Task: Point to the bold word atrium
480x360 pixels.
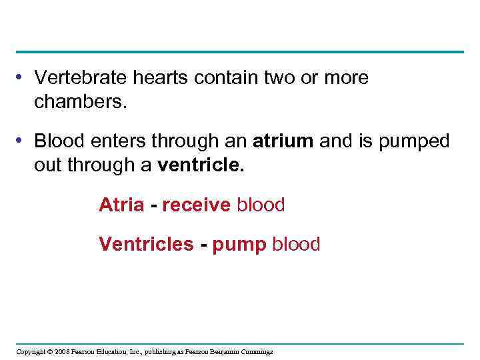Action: [283, 141]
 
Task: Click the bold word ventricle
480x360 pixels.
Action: [201, 165]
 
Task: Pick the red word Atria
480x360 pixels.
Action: [121, 205]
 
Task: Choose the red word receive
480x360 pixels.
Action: [197, 205]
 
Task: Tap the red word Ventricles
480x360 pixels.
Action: [146, 245]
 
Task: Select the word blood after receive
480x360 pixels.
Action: [261, 205]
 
